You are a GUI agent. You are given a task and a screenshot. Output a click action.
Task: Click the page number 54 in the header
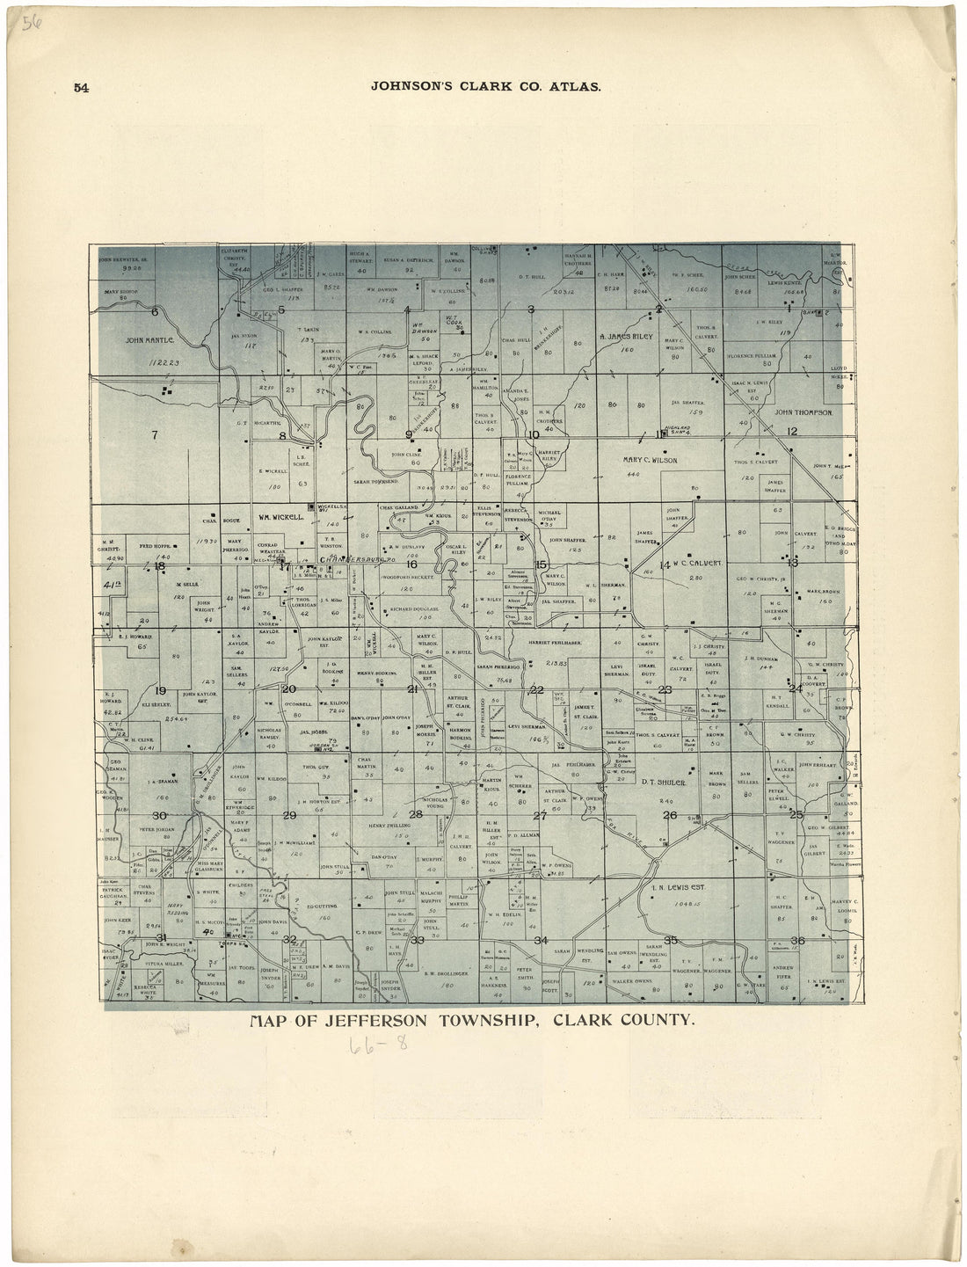[x=82, y=87]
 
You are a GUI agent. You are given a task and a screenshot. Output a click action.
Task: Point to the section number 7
[x=154, y=433]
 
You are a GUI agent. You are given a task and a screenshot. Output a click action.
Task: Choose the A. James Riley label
[x=629, y=336]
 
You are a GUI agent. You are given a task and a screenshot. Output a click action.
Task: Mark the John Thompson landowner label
[x=803, y=411]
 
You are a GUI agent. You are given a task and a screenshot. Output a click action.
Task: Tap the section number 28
[x=416, y=814]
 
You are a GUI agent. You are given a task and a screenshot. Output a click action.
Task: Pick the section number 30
[x=159, y=815]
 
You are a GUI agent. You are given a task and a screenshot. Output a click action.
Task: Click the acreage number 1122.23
[x=164, y=362]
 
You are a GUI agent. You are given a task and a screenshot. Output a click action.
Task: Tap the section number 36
[x=797, y=941]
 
